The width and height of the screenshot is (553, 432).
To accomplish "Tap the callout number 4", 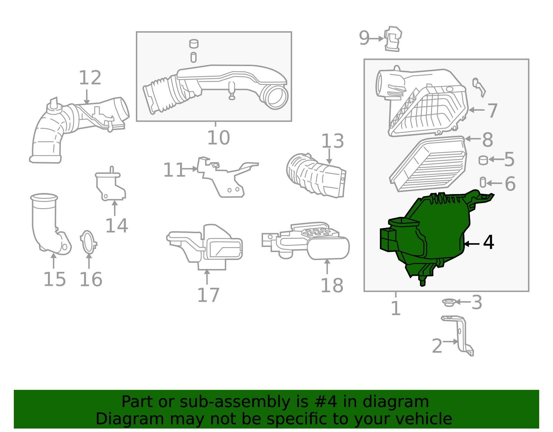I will tap(488, 242).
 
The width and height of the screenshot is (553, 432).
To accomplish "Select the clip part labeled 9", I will tap(393, 39).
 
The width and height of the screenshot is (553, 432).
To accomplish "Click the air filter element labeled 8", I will tap(429, 164).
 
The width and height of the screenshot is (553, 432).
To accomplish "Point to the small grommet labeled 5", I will tap(483, 160).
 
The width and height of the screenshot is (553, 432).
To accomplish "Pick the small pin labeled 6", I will tap(483, 182).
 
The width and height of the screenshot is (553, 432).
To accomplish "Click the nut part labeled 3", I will tap(449, 303).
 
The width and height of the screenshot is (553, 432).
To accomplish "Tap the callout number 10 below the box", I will tap(218, 138).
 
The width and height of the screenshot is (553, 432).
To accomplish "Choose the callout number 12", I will tap(90, 78).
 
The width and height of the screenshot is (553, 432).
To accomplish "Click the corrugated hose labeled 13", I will tap(316, 176).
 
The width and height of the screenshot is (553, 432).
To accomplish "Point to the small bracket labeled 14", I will tap(110, 187).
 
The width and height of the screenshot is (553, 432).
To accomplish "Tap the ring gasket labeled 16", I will tap(88, 242).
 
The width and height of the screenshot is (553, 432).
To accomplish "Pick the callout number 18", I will tap(332, 286).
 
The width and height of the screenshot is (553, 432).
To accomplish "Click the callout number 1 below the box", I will tap(395, 308).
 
